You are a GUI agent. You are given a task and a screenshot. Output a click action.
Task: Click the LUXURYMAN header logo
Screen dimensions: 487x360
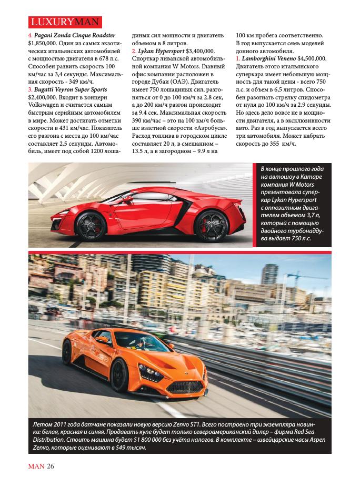pyautogui.click(x=64, y=23)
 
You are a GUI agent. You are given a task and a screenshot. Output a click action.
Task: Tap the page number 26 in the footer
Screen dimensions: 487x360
pyautogui.click(x=51, y=465)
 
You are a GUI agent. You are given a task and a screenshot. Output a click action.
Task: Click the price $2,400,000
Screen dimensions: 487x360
pyautogui.click(x=44, y=99)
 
